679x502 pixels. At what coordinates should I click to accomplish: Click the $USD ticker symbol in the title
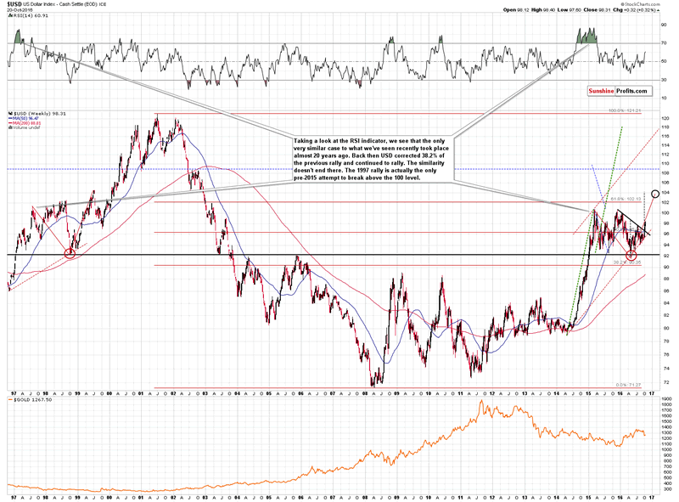tap(15, 4)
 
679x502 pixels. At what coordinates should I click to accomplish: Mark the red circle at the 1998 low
tap(70, 252)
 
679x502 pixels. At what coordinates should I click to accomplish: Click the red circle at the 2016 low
tap(631, 255)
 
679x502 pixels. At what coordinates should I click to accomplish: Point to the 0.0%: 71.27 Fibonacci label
tap(629, 384)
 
